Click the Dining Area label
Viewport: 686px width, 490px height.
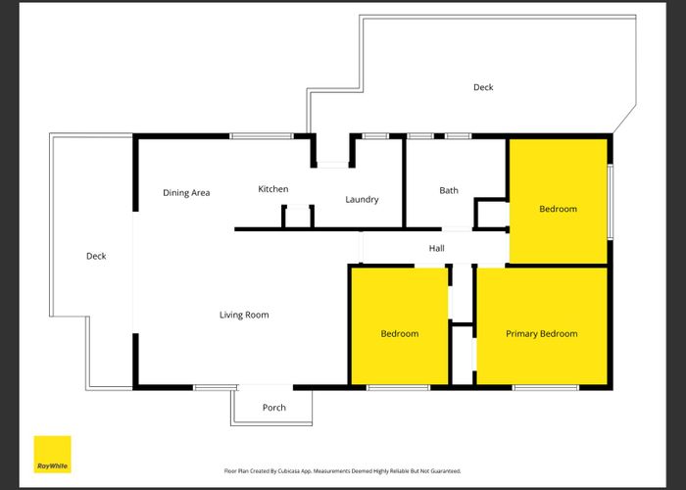tap(186, 193)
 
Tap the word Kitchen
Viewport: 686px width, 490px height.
tap(272, 188)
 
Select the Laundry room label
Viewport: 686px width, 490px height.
tap(362, 200)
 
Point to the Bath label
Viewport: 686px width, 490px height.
tap(449, 191)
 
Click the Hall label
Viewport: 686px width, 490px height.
tap(436, 249)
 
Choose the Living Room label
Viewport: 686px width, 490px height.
tap(244, 315)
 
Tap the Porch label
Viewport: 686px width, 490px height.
tap(274, 408)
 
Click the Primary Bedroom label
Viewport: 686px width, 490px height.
tap(541, 334)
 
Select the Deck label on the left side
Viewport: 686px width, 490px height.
tap(96, 256)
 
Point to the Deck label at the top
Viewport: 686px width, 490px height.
tap(483, 87)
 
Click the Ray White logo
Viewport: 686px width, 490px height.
tap(53, 454)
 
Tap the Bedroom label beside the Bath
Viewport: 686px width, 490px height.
tap(558, 209)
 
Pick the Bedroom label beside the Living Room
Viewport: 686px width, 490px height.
tap(399, 334)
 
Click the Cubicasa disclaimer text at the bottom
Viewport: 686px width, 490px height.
tap(343, 471)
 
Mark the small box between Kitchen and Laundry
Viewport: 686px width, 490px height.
tap(298, 217)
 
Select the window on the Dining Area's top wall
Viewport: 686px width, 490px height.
tap(262, 136)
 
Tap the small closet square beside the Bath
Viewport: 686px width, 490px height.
tap(491, 213)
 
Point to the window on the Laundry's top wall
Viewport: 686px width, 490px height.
tap(376, 136)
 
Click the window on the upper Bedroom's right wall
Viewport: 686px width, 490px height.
tap(610, 201)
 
